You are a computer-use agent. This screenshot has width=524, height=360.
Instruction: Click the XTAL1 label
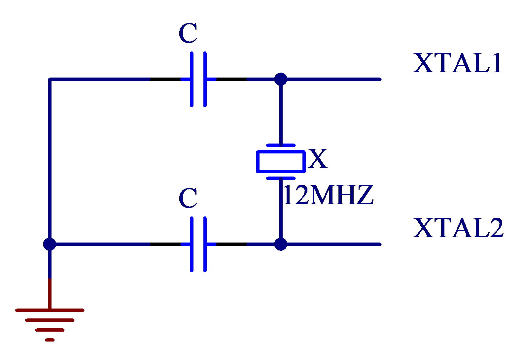click(457, 63)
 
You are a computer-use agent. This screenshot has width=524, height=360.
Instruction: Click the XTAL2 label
click(458, 228)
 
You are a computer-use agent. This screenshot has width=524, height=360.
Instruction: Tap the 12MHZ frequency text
click(328, 194)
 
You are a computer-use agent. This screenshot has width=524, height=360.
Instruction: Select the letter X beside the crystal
click(318, 158)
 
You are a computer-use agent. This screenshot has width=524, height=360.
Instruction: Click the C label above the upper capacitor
click(188, 33)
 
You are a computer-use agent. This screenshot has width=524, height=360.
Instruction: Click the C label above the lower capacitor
click(188, 198)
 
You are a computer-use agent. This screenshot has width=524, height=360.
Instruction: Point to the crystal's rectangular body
click(281, 162)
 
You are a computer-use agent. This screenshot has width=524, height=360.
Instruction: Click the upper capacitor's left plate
click(192, 80)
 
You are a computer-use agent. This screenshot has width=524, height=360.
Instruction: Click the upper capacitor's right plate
click(205, 80)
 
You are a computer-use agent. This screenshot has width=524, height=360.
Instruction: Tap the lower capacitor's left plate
click(192, 244)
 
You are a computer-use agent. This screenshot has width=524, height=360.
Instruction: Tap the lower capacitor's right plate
click(205, 244)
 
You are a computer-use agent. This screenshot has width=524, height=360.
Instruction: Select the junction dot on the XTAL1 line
click(281, 79)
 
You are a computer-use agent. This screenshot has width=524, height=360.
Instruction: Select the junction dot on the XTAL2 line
click(281, 244)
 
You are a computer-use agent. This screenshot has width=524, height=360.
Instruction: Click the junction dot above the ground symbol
click(50, 244)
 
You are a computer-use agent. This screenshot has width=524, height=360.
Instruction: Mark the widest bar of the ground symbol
click(50, 310)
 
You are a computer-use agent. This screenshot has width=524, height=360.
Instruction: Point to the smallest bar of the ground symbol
click(50, 340)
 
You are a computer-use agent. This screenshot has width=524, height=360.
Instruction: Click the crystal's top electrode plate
click(281, 145)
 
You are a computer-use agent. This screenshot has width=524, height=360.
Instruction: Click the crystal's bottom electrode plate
click(281, 179)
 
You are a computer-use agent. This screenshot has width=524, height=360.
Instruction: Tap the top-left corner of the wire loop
click(50, 79)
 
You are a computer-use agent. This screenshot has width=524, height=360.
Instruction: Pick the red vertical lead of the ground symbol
click(50, 294)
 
